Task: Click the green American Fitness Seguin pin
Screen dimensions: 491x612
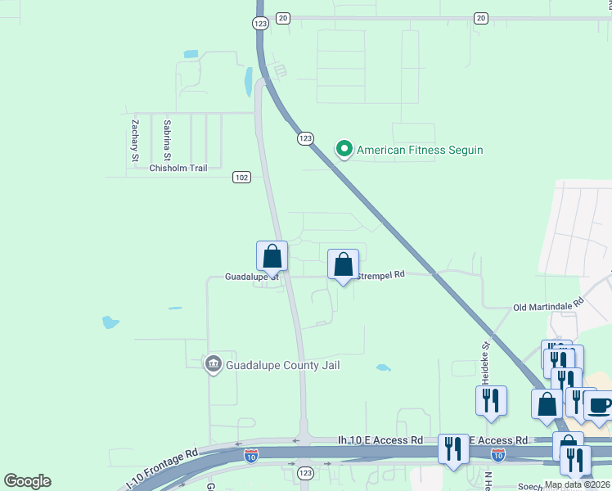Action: point(344,149)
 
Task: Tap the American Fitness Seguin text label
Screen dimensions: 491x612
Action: point(420,150)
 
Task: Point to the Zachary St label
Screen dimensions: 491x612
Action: point(134,140)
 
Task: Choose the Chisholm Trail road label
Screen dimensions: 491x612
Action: point(178,168)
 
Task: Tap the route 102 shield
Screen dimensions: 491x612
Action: point(241,177)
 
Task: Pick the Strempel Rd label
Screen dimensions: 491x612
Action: point(381,275)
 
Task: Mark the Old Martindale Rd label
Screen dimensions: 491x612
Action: point(548,304)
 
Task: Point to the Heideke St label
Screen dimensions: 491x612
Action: point(484,363)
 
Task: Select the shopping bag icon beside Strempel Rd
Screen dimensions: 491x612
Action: point(344,264)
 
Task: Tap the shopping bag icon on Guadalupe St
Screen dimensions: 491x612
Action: point(272,256)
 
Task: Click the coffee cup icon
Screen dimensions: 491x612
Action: point(598,405)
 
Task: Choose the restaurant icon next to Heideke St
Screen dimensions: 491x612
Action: point(491,401)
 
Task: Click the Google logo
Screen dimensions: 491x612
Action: point(27,481)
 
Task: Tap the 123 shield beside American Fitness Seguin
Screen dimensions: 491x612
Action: point(304,139)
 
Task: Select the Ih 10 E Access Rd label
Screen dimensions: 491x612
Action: point(380,439)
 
